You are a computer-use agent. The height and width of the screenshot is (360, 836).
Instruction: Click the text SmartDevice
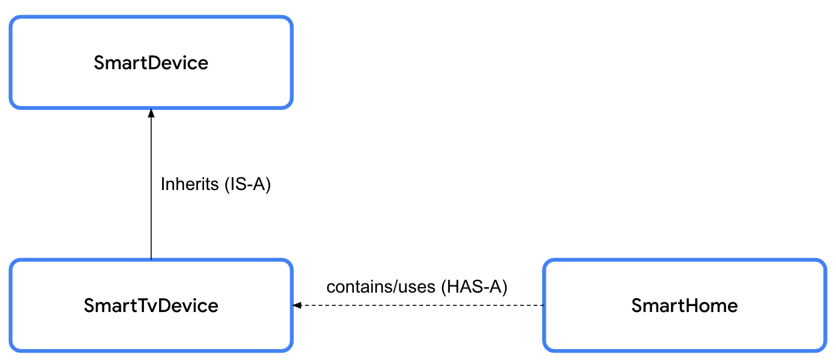[151, 63]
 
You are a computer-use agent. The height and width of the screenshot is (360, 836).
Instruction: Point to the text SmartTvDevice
[151, 305]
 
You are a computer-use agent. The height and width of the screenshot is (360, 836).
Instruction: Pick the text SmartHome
[684, 305]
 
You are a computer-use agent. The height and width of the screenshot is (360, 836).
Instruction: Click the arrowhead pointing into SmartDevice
[151, 113]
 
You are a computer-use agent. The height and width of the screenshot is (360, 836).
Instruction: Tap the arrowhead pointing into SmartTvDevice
[297, 305]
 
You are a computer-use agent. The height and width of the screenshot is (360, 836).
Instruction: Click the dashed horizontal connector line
[419, 305]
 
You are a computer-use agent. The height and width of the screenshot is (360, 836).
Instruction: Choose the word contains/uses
[380, 287]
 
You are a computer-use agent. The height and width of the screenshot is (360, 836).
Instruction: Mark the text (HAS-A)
[474, 287]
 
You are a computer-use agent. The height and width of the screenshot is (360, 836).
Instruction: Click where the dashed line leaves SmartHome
[543, 305]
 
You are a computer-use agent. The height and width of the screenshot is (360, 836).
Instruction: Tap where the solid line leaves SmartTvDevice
[151, 259]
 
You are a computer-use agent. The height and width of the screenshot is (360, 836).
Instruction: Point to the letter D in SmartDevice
[148, 63]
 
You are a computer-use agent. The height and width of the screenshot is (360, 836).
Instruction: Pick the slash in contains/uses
[394, 287]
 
